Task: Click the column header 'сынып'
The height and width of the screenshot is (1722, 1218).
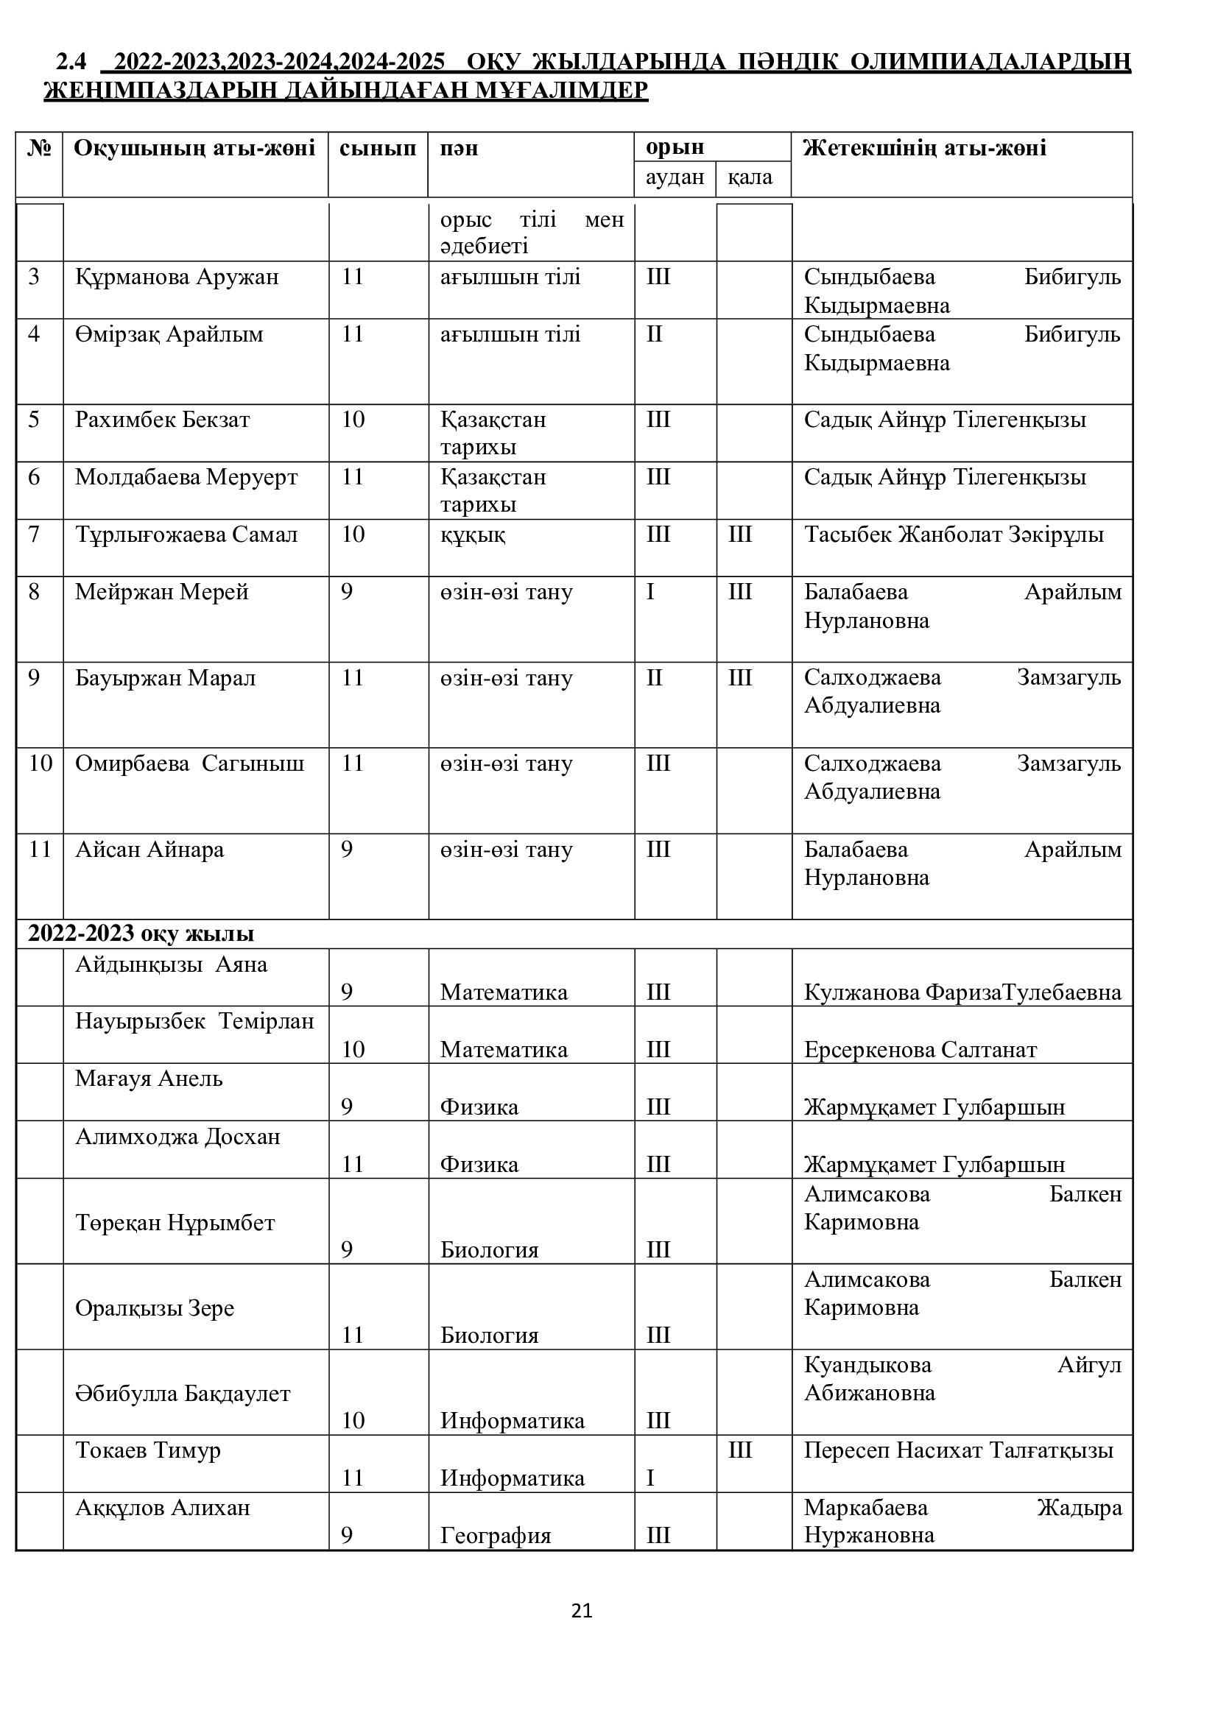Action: [x=377, y=148]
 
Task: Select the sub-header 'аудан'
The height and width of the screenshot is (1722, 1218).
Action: [x=675, y=177]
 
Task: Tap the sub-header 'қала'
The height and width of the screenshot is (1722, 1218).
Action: [x=750, y=177]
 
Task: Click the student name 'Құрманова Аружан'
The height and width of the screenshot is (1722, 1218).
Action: [x=176, y=277]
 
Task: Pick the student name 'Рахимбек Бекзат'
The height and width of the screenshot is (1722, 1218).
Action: [x=162, y=419]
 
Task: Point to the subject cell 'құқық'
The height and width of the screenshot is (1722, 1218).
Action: [x=473, y=534]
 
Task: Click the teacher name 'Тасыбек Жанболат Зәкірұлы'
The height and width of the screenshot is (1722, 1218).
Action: [x=953, y=534]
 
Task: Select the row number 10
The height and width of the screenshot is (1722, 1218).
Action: [x=40, y=763]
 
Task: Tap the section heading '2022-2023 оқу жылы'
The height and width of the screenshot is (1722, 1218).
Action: [x=141, y=934]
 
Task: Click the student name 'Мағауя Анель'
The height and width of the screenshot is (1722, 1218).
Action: [x=149, y=1079]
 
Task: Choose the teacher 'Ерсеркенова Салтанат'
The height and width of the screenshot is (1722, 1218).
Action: [x=920, y=1049]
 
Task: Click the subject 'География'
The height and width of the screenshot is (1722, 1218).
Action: [x=495, y=1535]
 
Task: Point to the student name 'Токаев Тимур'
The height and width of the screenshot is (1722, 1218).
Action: [x=148, y=1450]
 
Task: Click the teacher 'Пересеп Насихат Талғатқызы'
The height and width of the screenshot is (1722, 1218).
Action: [x=958, y=1450]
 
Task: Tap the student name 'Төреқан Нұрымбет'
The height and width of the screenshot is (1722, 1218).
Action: [x=175, y=1223]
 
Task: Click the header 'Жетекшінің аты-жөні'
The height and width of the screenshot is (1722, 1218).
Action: [x=924, y=148]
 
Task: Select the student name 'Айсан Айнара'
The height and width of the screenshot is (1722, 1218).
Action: [x=149, y=850]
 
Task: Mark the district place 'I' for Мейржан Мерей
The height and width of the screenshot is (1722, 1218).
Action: [x=650, y=593]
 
